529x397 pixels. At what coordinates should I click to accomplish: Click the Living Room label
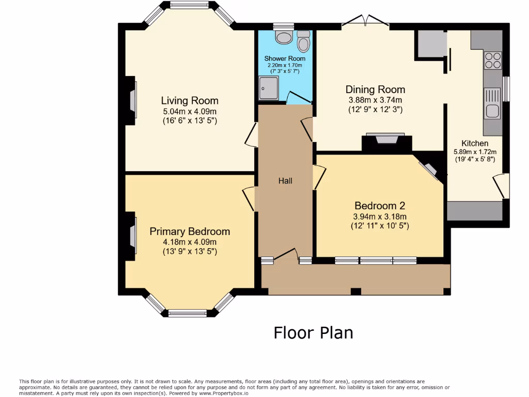point(190,101)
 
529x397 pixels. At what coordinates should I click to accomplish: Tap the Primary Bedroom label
point(190,232)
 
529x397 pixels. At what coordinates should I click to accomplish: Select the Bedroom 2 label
point(380,206)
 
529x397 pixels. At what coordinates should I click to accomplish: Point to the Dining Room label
point(375,89)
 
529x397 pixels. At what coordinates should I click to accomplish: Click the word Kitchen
point(475,143)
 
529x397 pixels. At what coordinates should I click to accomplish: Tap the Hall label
point(285,181)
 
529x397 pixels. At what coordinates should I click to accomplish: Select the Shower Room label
point(285,58)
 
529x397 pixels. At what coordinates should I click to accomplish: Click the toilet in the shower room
point(304,41)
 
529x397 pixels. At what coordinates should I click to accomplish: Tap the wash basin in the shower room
point(284,37)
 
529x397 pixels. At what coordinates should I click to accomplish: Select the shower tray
point(269,88)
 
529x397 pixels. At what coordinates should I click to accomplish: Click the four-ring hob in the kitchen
point(492,60)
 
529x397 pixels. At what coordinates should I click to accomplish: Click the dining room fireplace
point(386,143)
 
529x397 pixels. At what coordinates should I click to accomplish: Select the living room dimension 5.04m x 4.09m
point(190,112)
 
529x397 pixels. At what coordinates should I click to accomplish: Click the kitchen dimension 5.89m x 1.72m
point(475,152)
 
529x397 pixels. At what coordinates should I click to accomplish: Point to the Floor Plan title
point(314,333)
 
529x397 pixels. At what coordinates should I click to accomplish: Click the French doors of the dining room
point(365,20)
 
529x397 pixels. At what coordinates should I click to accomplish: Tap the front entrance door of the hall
point(286,255)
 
